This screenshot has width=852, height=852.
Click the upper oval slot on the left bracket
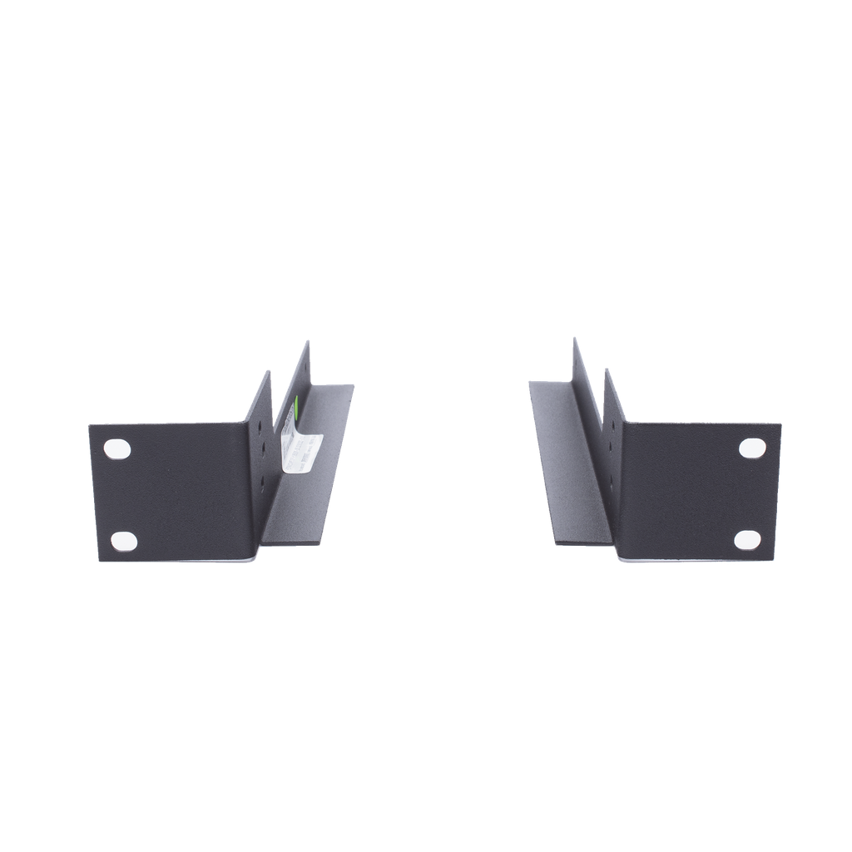point(118,448)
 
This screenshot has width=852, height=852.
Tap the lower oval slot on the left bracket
point(124,540)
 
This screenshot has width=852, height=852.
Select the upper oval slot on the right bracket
point(752,447)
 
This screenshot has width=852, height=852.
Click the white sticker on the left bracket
point(301,449)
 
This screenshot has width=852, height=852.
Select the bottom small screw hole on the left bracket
point(263,482)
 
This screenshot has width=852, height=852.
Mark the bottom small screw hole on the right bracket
point(612,482)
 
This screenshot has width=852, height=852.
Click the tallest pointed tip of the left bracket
point(308,340)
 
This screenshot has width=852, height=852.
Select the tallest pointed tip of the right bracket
point(572,337)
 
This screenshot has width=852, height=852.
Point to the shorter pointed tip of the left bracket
point(270,371)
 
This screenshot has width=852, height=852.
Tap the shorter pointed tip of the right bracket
point(605,368)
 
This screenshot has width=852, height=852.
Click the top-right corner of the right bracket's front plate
point(780,424)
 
